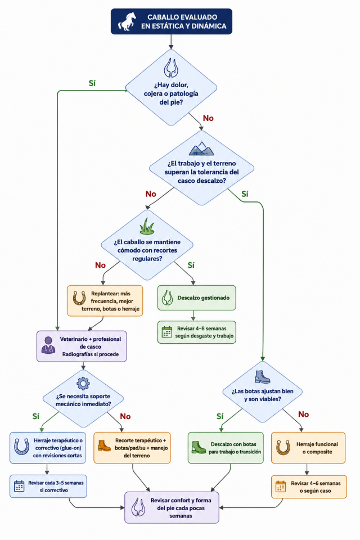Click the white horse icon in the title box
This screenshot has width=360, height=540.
tap(127, 22)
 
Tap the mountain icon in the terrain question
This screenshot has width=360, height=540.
tap(201, 148)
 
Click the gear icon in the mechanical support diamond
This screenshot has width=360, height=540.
tap(83, 383)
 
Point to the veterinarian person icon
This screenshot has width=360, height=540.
tap(48, 345)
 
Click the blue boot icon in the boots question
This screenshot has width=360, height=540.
tap(263, 377)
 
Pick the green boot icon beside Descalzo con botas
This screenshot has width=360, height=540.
tap(199, 447)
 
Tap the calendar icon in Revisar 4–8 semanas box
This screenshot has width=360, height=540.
tap(166, 332)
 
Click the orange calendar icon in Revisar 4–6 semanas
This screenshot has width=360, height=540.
tap(281, 486)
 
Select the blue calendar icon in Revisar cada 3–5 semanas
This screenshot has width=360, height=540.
tap(19, 486)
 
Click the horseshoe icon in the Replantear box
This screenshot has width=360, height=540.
tap(79, 298)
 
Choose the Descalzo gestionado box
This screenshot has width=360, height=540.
tap(197, 298)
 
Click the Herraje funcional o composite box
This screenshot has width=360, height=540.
tap(308, 448)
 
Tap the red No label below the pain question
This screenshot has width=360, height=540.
tap(208, 118)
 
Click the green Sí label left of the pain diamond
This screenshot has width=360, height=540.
tap(92, 83)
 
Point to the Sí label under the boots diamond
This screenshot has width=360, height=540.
tap(220, 416)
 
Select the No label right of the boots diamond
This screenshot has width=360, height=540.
tap(304, 415)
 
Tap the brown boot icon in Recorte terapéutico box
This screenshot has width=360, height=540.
tap(104, 445)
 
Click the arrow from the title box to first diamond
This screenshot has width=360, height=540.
tap(171, 42)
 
